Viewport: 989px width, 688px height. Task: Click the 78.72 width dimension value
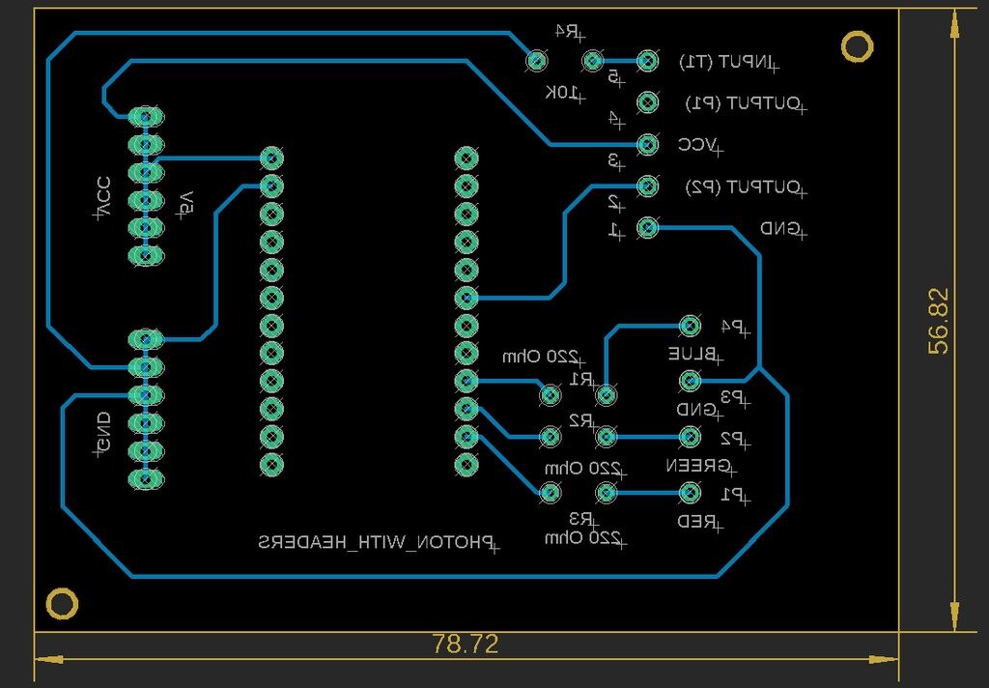click(x=466, y=645)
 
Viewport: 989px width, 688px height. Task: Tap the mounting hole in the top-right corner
click(x=857, y=45)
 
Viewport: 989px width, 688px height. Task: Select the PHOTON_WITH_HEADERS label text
click(x=376, y=542)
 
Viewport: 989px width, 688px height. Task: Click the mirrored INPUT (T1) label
click(x=727, y=62)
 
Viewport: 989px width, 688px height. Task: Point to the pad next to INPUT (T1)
click(x=648, y=61)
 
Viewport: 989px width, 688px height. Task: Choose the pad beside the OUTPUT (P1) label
click(x=648, y=102)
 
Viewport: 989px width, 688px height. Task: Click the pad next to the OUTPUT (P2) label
click(x=648, y=186)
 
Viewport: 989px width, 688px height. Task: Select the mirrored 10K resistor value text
click(x=565, y=93)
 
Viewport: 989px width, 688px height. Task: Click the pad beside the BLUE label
click(x=690, y=326)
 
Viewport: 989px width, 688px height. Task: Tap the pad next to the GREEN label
click(x=690, y=437)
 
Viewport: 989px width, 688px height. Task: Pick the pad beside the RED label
click(x=690, y=493)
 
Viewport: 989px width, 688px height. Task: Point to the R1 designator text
click(x=581, y=379)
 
